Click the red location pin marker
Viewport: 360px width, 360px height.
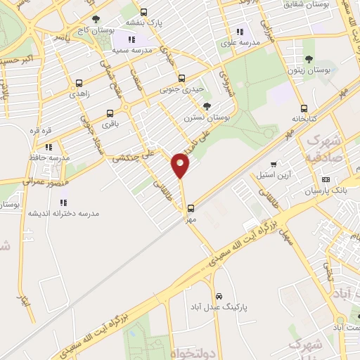tap(181, 165)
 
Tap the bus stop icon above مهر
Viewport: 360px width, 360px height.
tap(191, 208)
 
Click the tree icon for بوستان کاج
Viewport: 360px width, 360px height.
tap(96, 19)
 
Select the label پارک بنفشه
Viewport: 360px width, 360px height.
tap(144, 23)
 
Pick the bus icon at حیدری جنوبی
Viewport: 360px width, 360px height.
tap(182, 78)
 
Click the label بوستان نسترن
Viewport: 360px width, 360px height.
tap(203, 117)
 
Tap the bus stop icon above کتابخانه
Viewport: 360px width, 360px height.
tap(304, 108)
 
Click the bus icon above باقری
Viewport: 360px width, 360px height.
tap(109, 113)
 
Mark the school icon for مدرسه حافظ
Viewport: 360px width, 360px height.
tap(49, 147)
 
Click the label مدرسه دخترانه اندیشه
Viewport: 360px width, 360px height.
tap(64, 212)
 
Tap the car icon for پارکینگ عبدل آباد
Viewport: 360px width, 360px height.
tap(219, 296)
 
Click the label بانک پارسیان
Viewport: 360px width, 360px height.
tap(326, 191)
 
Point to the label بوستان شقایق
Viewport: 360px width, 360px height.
tap(308, 5)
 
